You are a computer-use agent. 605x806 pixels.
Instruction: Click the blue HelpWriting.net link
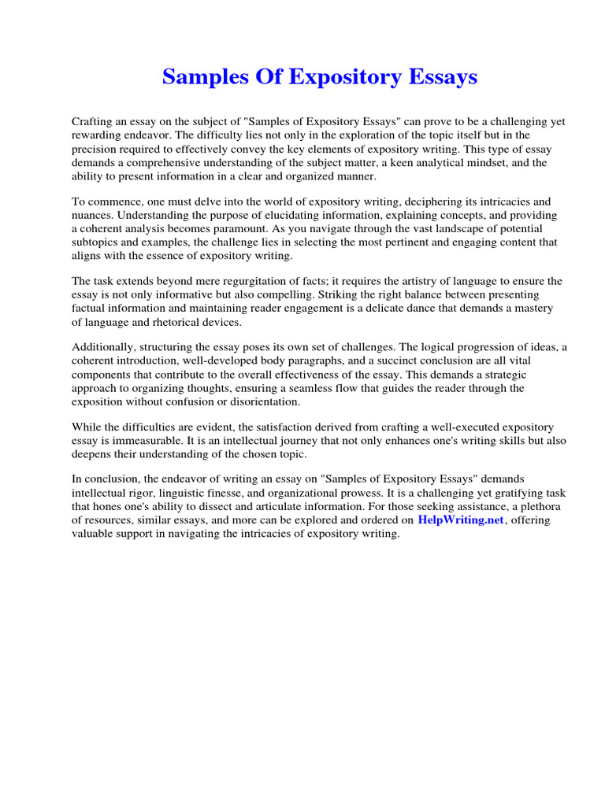(x=460, y=520)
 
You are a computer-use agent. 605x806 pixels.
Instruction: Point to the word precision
(x=96, y=149)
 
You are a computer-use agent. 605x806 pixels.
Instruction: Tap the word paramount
(x=247, y=228)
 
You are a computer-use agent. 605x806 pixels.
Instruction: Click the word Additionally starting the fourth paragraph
(x=103, y=347)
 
